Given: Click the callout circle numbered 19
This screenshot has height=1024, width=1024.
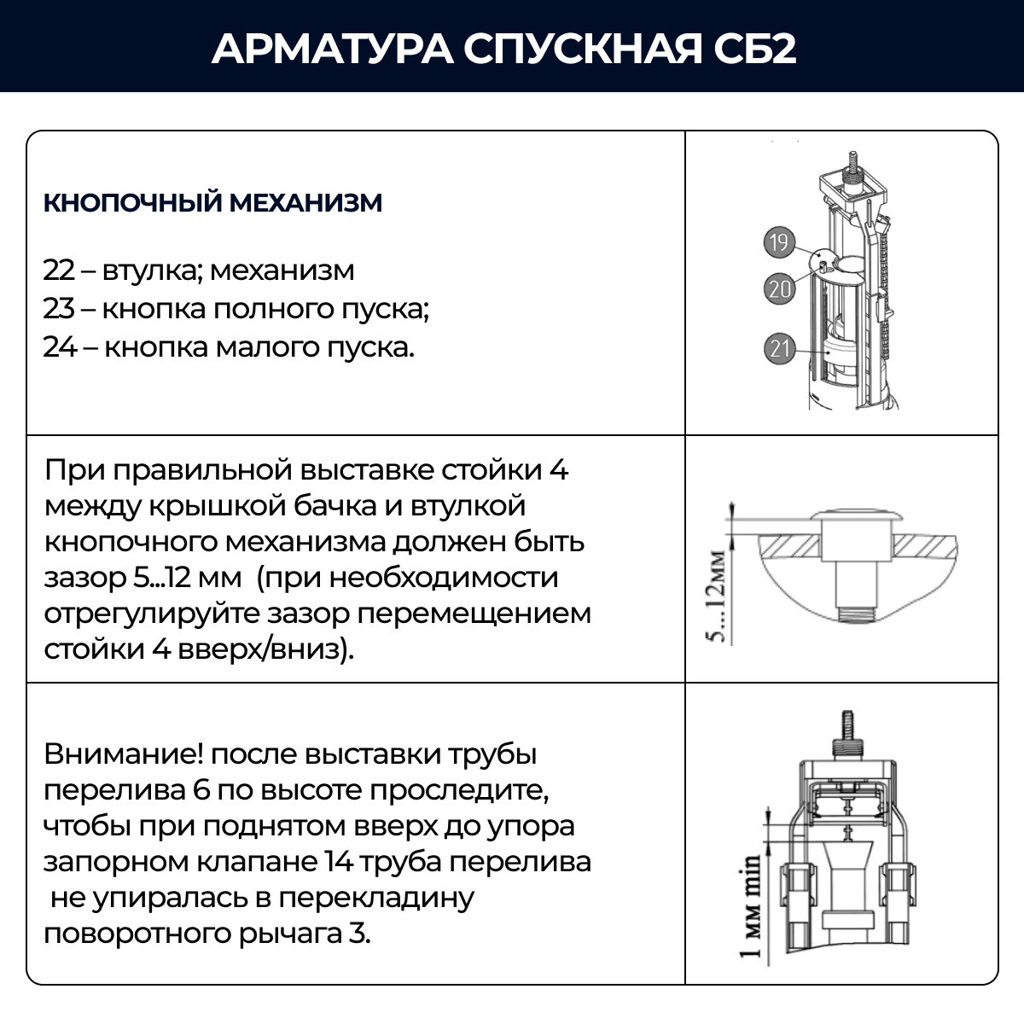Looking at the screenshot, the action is click(778, 243).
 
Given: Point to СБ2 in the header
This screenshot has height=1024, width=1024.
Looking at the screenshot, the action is click(754, 49).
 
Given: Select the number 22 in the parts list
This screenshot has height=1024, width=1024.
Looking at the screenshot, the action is click(59, 271).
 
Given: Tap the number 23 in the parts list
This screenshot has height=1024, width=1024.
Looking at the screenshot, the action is click(59, 309).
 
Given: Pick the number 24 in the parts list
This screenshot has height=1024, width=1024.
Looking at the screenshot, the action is click(59, 347).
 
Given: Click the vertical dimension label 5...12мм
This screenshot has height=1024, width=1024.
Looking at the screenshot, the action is click(719, 596).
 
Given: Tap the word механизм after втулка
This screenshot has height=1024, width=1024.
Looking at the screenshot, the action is click(282, 271).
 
